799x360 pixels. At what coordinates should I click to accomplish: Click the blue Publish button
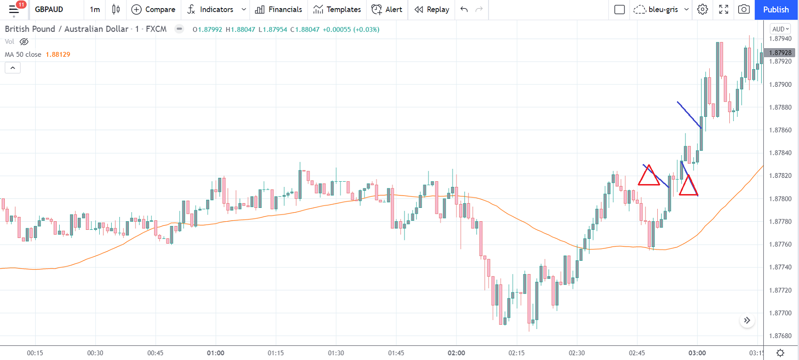click(776, 10)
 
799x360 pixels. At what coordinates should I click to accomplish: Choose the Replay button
click(432, 10)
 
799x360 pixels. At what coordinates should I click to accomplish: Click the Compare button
click(153, 10)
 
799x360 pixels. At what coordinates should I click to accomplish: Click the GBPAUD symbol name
click(49, 10)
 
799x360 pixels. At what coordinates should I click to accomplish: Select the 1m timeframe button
click(95, 10)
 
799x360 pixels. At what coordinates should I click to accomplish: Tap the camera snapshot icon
click(744, 10)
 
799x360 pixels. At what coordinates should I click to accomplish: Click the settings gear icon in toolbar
click(703, 10)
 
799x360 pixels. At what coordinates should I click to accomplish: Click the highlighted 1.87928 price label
click(780, 52)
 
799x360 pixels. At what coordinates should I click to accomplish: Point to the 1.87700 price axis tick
click(780, 313)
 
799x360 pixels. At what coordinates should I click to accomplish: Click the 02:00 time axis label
click(457, 353)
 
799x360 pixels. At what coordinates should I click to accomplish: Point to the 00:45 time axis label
click(155, 353)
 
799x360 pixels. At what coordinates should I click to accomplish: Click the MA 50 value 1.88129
click(58, 54)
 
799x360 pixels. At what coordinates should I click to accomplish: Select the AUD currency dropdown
click(780, 29)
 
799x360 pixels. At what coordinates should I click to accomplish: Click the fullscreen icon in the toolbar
click(724, 10)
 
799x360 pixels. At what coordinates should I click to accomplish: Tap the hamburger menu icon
click(14, 10)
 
